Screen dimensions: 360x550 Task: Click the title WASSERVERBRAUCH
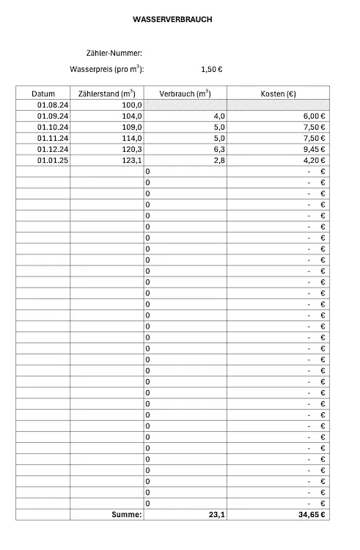[173, 20]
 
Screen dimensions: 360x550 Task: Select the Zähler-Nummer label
[114, 53]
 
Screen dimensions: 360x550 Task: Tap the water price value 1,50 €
[212, 70]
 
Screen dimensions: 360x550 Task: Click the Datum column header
[43, 94]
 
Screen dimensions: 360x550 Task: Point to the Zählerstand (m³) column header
[106, 94]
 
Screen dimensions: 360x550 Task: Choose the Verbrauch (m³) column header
[185, 94]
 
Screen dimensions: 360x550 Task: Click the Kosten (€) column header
[279, 94]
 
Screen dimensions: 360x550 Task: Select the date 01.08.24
[52, 105]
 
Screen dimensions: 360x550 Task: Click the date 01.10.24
[52, 127]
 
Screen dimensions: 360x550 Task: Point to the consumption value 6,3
[218, 149]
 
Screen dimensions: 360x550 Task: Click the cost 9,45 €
[315, 149]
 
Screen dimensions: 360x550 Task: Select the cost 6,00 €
[315, 116]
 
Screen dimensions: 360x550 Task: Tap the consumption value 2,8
[218, 160]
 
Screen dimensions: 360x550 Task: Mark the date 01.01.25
[52, 160]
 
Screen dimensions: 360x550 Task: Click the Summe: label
[125, 516]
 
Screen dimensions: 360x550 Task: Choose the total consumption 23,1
[216, 516]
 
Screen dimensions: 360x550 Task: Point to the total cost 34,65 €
[312, 516]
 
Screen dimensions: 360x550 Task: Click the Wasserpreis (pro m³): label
[106, 70]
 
